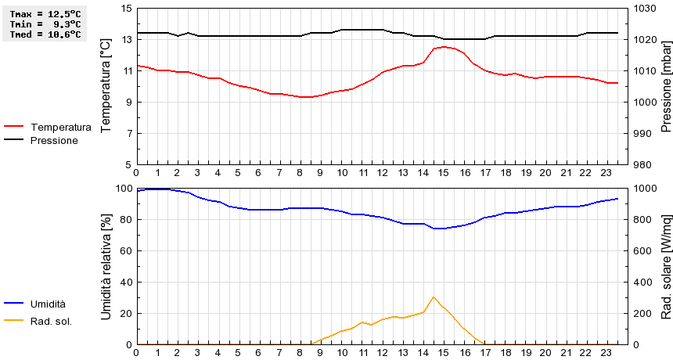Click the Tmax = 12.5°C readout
(45, 14)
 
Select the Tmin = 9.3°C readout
(45, 24)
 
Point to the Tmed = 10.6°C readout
(45, 34)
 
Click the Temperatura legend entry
(60, 127)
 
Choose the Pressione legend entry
(54, 140)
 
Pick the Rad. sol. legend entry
(51, 320)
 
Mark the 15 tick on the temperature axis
(128, 8)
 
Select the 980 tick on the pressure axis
(643, 164)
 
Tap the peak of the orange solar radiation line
(434, 297)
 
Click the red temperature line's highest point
(444, 47)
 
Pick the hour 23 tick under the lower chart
(607, 353)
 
